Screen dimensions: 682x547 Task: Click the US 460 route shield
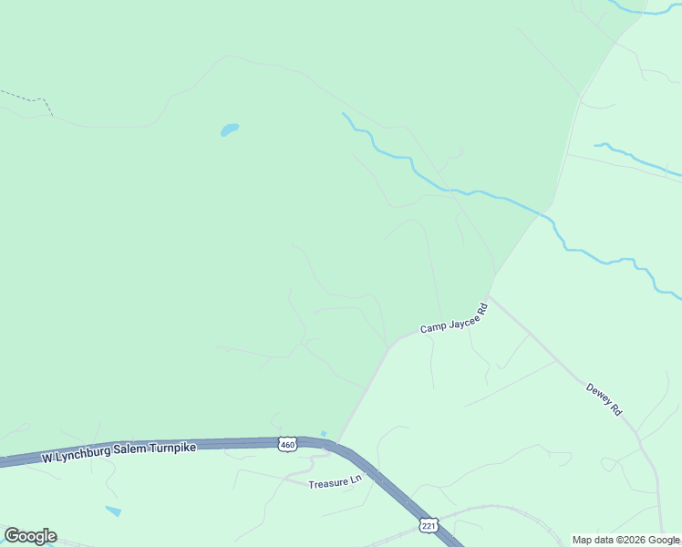point(287,444)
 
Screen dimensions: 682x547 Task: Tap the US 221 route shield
point(428,525)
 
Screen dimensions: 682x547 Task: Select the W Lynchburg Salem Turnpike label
point(119,453)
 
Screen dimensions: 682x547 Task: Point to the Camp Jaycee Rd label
point(454,319)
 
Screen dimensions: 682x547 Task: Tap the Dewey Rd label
point(604,399)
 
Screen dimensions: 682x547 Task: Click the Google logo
point(30,536)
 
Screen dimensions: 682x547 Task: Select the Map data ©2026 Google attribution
point(625,540)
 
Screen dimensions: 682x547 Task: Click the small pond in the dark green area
point(229,129)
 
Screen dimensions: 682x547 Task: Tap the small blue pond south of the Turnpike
point(113,511)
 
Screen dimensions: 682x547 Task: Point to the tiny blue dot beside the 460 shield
point(324,434)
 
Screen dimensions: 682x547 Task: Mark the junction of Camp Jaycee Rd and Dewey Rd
point(490,297)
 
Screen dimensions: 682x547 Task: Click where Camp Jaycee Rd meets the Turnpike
point(338,440)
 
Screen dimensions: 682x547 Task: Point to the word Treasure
point(328,483)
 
